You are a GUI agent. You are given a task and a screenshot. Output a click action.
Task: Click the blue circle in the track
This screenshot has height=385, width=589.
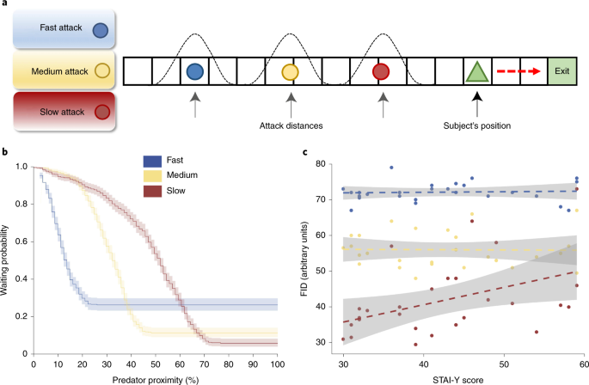coord(194,71)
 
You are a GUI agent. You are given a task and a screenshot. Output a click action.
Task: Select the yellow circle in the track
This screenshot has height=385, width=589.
coord(290,71)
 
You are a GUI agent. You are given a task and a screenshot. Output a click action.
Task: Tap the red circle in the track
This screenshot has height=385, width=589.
coord(382,71)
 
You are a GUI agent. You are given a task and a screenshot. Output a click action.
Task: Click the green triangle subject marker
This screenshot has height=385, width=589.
coord(475,71)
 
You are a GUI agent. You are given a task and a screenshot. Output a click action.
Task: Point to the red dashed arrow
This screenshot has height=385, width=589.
coord(518,71)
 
